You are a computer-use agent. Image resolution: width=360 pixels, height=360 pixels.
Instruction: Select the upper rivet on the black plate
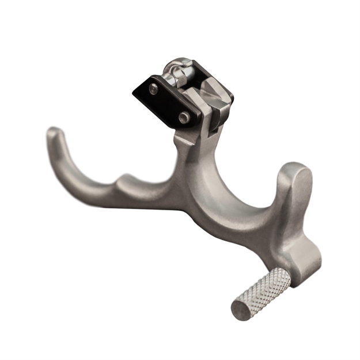coord(154,89)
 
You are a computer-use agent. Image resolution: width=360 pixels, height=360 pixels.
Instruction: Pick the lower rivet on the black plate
coord(184,118)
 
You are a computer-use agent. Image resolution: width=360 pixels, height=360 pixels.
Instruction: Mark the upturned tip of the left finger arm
coord(52,133)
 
